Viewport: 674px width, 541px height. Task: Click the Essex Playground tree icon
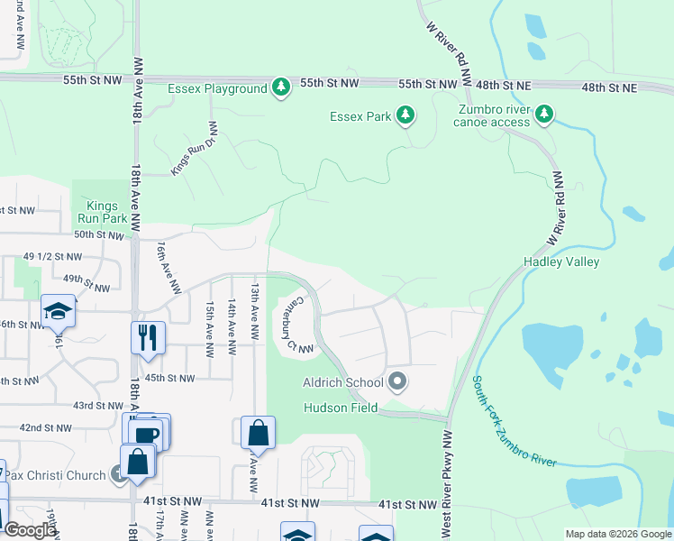282,87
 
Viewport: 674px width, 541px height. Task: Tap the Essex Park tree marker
405,115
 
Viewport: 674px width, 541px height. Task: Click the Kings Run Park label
101,212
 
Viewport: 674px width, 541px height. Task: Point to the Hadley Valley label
561,262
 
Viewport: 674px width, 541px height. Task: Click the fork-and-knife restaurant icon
149,338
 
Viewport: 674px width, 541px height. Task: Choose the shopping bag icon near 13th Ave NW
259,433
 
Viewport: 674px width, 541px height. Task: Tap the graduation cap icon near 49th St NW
58,311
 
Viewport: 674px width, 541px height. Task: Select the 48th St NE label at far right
609,87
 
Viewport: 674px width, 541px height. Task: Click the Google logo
30,530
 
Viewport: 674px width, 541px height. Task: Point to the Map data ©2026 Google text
617,534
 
